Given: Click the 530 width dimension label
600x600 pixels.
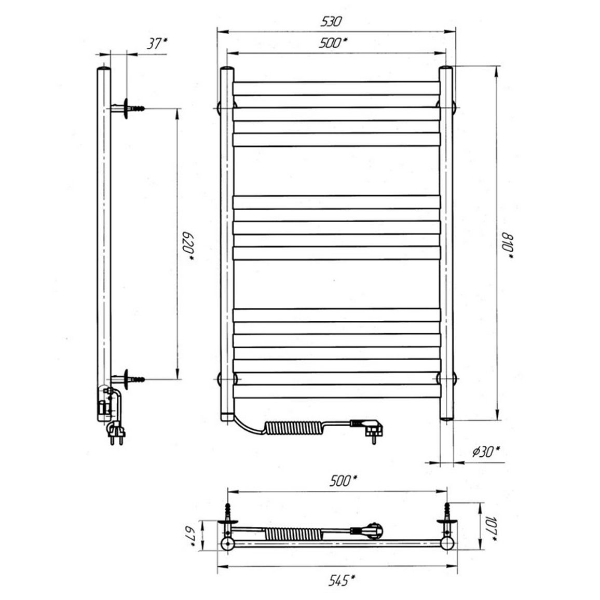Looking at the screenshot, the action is (331, 21).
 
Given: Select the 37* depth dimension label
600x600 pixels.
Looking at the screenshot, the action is (157, 44).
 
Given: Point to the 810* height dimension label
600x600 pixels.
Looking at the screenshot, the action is (508, 247).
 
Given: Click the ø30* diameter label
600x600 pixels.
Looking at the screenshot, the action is (486, 452).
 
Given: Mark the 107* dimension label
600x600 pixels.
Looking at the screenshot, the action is (492, 528).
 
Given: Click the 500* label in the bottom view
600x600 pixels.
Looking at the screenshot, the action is (343, 481).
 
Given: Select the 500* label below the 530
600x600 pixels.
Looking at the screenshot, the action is (333, 43).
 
